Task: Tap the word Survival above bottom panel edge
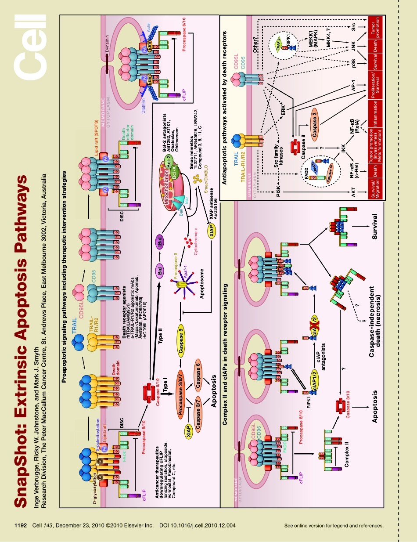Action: click(x=374, y=227)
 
